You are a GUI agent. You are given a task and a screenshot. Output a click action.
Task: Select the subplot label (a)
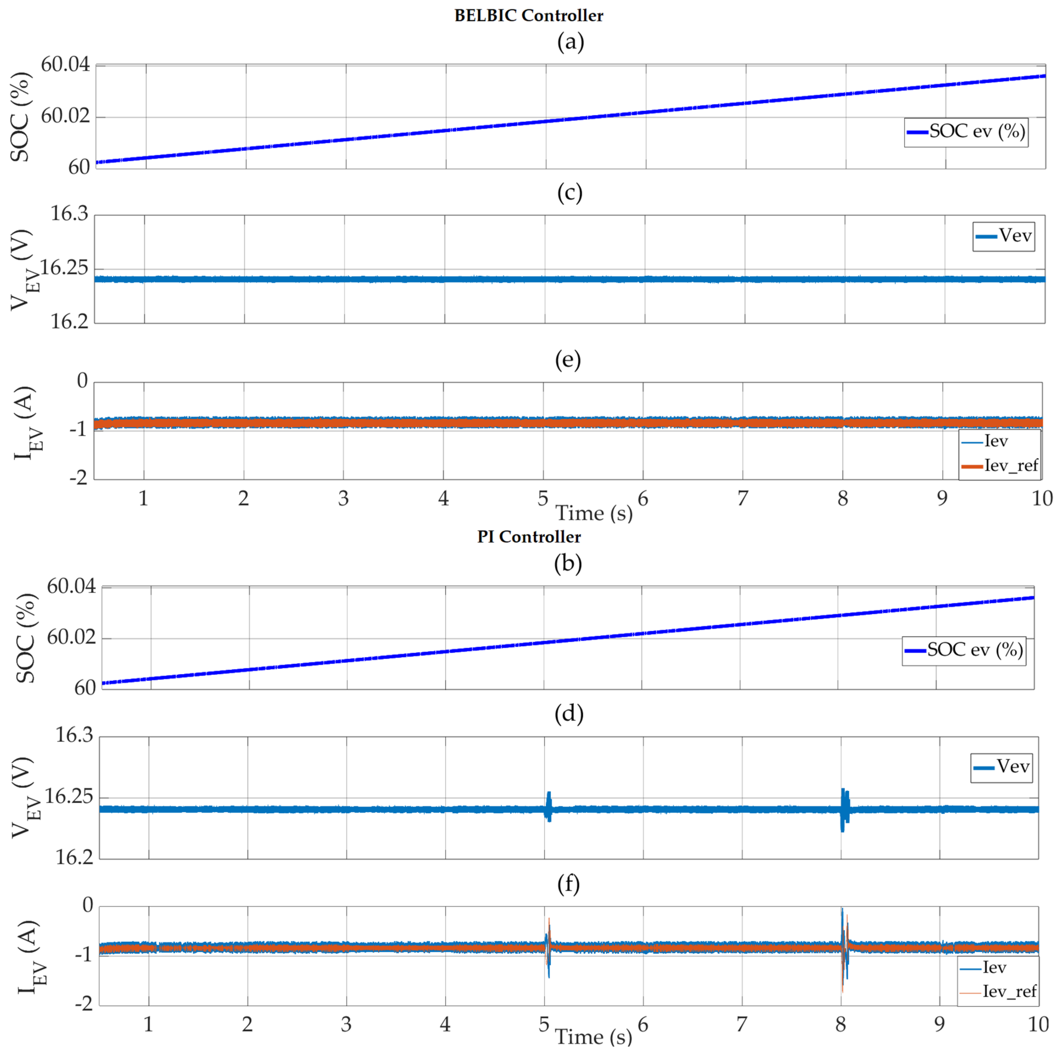click(x=570, y=42)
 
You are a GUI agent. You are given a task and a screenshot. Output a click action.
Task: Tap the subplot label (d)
click(x=568, y=713)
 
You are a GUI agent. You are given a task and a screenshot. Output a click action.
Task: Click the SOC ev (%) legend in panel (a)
click(x=966, y=132)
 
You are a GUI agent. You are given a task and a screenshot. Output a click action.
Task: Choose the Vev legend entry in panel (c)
click(x=1004, y=236)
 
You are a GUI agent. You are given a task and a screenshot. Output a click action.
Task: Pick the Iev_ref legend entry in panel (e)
click(x=1000, y=466)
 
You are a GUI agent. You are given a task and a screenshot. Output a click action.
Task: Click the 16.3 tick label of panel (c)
click(x=69, y=213)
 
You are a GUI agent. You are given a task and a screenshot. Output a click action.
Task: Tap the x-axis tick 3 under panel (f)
click(x=346, y=1024)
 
